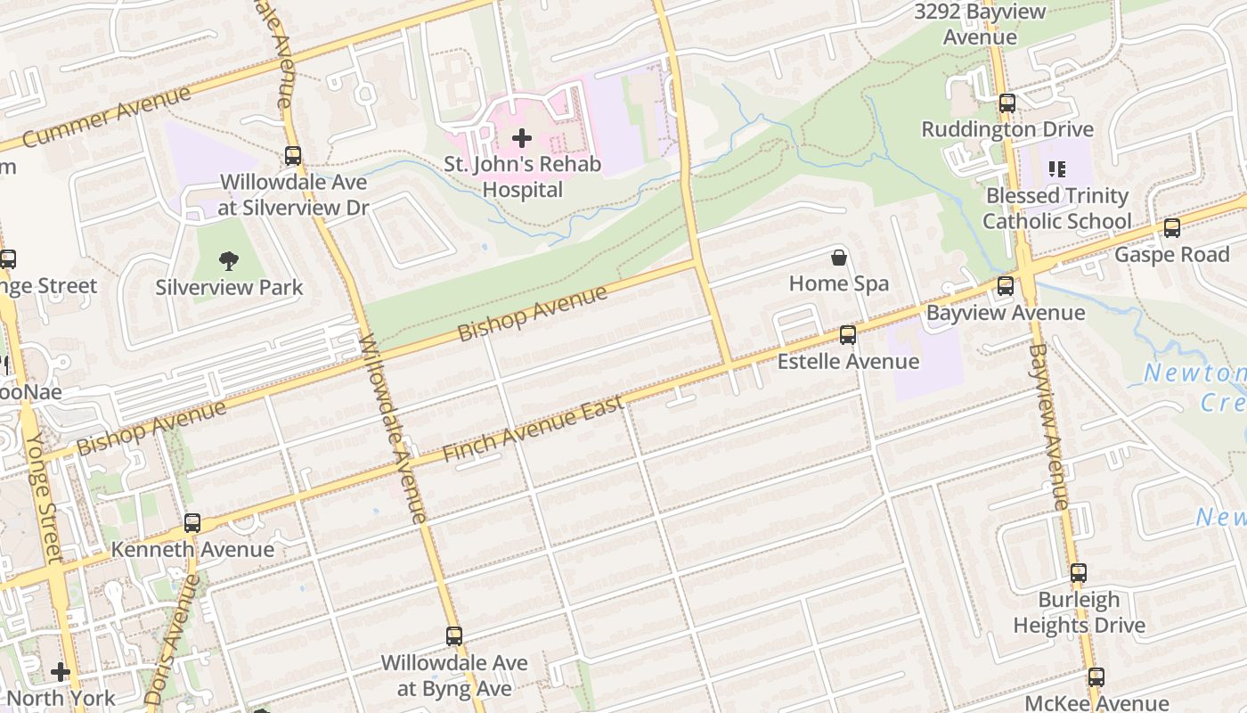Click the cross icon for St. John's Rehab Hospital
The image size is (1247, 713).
point(522,138)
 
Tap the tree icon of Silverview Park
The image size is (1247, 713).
point(229,261)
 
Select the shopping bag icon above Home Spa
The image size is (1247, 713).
point(838,258)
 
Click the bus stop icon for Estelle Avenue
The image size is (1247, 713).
point(848,335)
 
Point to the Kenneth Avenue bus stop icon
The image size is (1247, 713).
point(192,523)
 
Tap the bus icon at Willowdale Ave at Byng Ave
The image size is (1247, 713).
point(454,636)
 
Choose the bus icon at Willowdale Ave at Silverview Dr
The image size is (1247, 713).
point(293,156)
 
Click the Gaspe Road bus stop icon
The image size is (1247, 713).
point(1172,228)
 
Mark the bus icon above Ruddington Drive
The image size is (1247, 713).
point(1007,103)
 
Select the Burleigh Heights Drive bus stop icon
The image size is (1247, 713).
point(1079,573)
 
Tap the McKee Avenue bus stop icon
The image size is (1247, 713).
point(1096,677)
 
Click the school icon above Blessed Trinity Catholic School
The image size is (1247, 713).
point(1057,168)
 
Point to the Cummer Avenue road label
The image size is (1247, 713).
point(106,117)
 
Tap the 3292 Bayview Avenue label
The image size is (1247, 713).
point(980,25)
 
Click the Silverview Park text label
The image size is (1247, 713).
point(229,288)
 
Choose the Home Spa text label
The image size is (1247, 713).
point(839,284)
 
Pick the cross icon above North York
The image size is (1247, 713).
point(61,671)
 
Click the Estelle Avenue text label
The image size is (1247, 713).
point(848,361)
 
